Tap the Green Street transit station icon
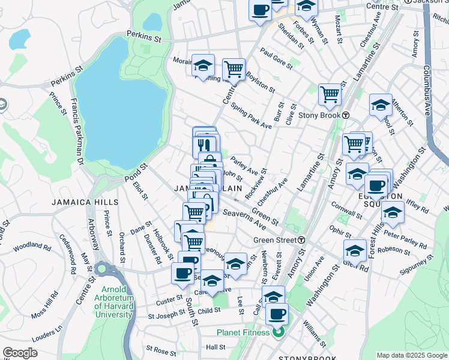[301, 240]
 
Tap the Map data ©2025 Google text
[412, 355]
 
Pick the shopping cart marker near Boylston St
[233, 70]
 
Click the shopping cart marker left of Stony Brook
[330, 94]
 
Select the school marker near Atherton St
[381, 105]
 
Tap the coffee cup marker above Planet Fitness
[277, 314]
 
